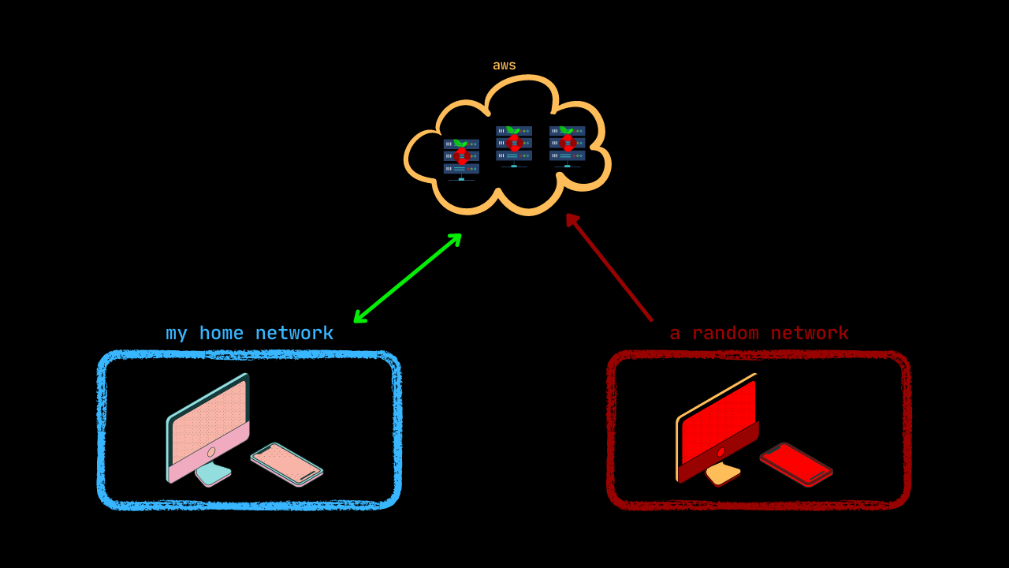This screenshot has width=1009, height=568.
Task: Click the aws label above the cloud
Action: (x=504, y=65)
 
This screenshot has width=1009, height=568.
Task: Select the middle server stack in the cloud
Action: (x=514, y=144)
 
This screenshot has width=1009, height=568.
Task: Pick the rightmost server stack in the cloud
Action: (x=567, y=144)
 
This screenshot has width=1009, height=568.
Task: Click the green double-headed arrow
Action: (x=408, y=278)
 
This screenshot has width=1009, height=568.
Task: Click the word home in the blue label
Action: (x=221, y=334)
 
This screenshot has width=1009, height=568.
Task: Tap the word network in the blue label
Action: (x=294, y=334)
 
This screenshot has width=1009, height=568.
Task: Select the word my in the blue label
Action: (x=177, y=334)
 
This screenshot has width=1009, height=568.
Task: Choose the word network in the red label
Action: (x=810, y=334)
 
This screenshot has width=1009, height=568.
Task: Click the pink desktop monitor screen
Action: (x=209, y=422)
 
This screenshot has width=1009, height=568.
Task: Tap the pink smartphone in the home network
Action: (x=286, y=464)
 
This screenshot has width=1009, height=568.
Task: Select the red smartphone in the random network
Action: (x=796, y=464)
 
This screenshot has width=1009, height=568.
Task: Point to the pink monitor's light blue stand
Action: (x=213, y=473)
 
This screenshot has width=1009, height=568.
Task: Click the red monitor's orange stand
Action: (x=723, y=473)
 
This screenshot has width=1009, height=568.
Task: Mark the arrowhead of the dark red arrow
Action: (x=572, y=219)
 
